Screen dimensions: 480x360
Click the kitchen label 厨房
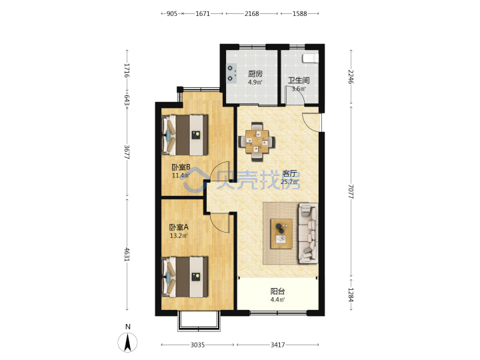[255, 74]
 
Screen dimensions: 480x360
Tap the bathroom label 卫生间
[299, 81]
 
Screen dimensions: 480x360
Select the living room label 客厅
[289, 173]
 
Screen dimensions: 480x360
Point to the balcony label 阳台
[277, 291]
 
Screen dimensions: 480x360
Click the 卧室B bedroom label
[181, 167]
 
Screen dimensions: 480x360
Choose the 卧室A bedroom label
[179, 227]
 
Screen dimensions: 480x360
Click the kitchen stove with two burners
[232, 73]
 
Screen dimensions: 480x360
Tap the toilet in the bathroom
[311, 58]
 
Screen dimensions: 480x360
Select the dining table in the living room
[257, 141]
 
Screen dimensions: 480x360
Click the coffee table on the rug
[281, 233]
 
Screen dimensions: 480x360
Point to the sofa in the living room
[308, 233]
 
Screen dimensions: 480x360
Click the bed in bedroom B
[185, 135]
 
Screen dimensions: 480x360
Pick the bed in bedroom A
[185, 277]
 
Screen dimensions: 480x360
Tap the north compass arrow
[127, 342]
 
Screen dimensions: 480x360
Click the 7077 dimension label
[351, 191]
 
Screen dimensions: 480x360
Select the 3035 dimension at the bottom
[197, 345]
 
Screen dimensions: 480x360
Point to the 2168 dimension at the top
[251, 13]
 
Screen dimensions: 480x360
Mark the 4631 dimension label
[127, 254]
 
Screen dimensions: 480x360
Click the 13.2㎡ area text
[179, 236]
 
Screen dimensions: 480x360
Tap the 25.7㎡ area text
[289, 182]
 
